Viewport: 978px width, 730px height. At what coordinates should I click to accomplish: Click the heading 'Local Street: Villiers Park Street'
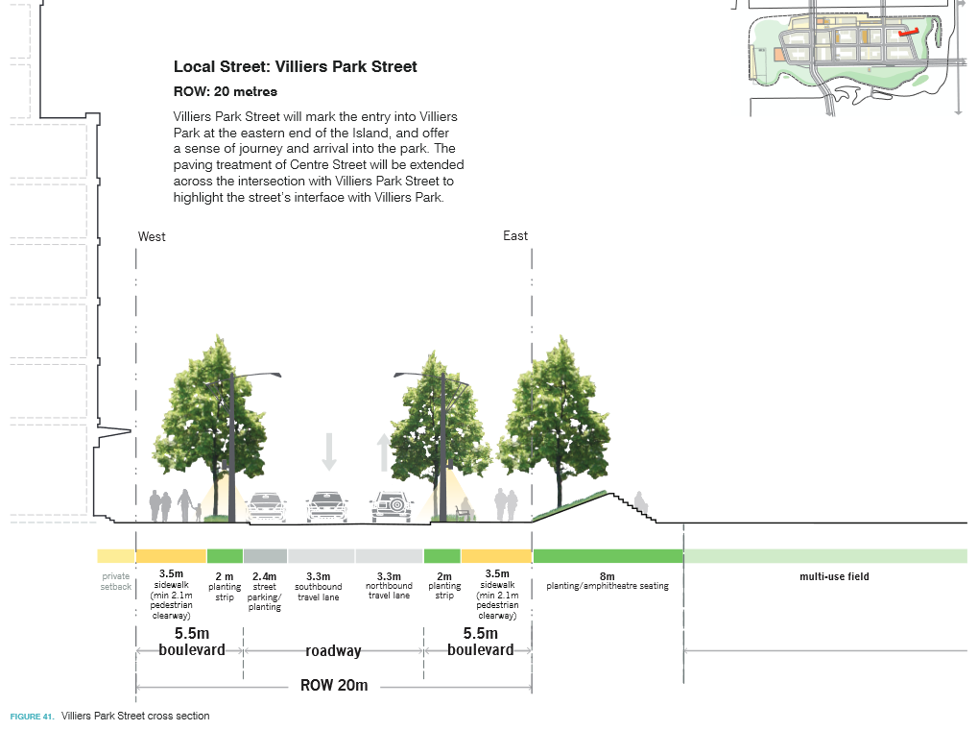295,67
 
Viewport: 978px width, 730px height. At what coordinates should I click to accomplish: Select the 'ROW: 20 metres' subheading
225,92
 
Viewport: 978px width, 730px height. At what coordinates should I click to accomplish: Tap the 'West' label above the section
152,236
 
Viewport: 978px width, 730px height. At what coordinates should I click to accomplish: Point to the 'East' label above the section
515,236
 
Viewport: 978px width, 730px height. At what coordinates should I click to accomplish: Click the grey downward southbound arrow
329,451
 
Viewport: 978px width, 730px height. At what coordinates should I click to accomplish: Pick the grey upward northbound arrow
384,452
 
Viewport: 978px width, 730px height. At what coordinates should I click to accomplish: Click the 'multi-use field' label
834,576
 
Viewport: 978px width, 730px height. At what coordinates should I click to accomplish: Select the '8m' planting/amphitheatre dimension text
607,575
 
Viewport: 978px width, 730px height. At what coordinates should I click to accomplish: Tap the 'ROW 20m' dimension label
334,686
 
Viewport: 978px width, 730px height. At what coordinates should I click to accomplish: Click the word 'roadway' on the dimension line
333,651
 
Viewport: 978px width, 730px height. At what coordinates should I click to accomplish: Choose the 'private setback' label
115,581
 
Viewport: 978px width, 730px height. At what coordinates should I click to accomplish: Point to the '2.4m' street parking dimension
264,576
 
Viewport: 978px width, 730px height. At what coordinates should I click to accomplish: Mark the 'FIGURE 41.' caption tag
32,717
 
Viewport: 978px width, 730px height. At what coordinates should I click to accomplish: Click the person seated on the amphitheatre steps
640,502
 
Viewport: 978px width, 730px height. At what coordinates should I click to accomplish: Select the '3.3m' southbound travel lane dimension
319,576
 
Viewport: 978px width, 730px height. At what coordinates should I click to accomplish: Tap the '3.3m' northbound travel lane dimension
389,575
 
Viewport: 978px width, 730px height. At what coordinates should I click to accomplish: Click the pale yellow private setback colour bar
116,556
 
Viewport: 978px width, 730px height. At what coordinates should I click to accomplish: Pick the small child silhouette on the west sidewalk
198,511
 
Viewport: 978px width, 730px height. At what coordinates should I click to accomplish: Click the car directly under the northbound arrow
393,506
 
